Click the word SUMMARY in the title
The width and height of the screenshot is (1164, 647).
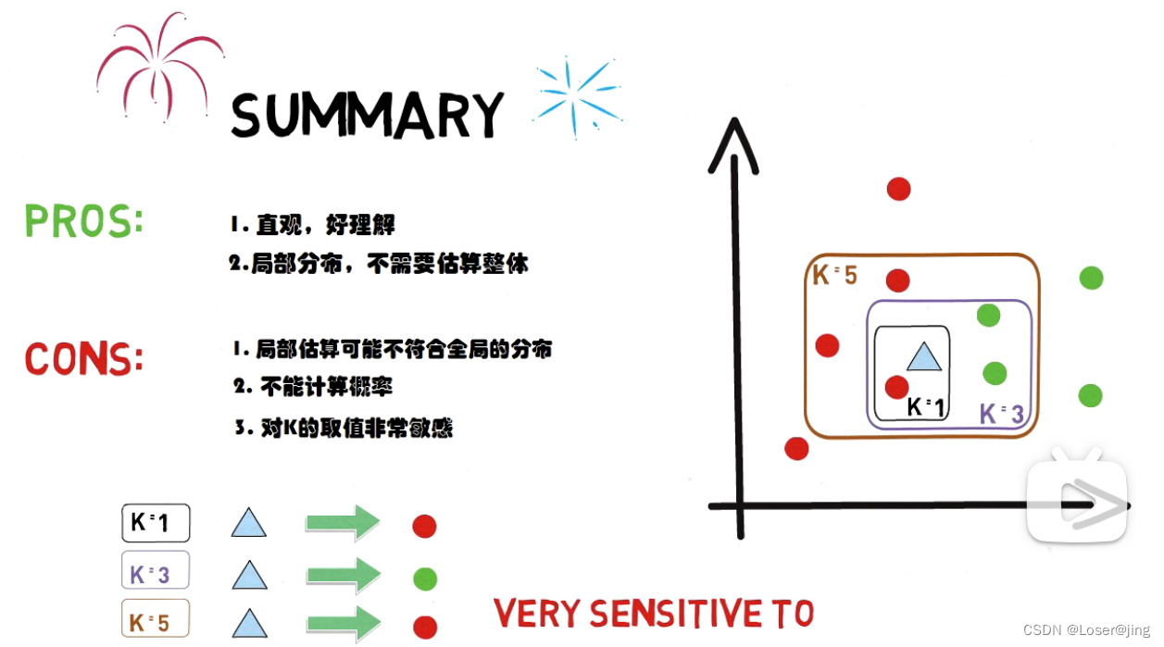tap(367, 115)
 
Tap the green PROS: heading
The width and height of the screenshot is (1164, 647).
tap(83, 221)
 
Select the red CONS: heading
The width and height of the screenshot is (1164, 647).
tap(84, 359)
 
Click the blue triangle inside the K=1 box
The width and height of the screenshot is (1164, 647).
tap(922, 356)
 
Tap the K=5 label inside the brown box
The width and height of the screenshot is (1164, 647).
tap(834, 275)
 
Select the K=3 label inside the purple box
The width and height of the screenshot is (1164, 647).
tap(1002, 414)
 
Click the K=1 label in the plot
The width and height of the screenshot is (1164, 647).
tap(926, 406)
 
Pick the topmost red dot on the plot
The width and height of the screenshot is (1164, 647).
tap(898, 189)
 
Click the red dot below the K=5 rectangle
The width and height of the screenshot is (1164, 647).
tap(796, 448)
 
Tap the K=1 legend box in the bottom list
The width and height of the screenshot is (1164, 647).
tap(156, 523)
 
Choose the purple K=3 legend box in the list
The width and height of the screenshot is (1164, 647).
tap(156, 571)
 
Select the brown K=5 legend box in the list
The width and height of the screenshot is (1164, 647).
tap(156, 618)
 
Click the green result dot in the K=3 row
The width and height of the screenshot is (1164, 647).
tap(425, 579)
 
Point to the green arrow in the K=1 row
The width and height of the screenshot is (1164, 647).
tap(343, 523)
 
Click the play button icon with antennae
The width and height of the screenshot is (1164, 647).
tap(1077, 501)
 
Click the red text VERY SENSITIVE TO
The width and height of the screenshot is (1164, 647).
tap(654, 614)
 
